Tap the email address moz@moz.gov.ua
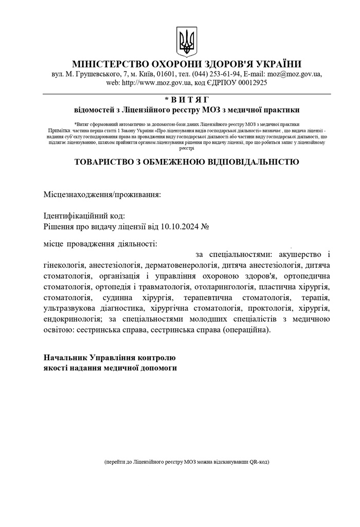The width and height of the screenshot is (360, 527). (295, 74)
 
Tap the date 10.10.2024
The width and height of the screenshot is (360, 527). (179, 226)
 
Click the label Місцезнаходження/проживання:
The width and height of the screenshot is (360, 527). (102, 195)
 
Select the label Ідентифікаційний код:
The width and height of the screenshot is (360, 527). (84, 216)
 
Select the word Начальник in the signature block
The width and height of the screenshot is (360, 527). (66, 357)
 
